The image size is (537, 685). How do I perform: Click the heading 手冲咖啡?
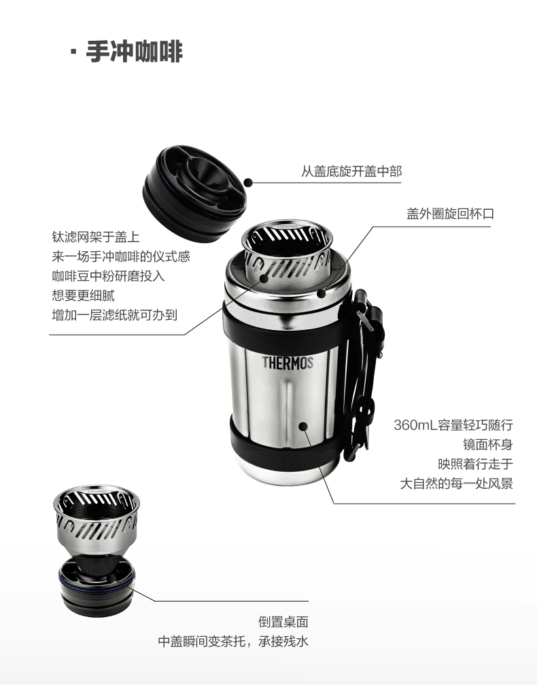pyautogui.click(x=134, y=52)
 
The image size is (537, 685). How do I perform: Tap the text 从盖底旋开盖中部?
pyautogui.click(x=351, y=171)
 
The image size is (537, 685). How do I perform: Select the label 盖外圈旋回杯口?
pyautogui.click(x=450, y=214)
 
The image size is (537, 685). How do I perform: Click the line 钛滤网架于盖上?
pyautogui.click(x=95, y=237)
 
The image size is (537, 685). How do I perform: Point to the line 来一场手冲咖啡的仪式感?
pyautogui.click(x=121, y=257)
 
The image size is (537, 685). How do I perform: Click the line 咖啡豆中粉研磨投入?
pyautogui.click(x=108, y=276)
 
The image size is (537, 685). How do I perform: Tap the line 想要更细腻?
pyautogui.click(x=83, y=296)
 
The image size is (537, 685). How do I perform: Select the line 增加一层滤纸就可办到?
pyautogui.click(x=115, y=315)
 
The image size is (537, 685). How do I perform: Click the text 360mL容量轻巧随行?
pyautogui.click(x=453, y=425)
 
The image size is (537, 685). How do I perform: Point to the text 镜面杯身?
pyautogui.click(x=488, y=445)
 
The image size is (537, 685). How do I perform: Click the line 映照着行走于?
pyautogui.click(x=476, y=464)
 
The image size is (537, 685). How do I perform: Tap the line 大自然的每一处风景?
pyautogui.click(x=457, y=483)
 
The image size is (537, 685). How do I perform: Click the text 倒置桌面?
pyautogui.click(x=283, y=622)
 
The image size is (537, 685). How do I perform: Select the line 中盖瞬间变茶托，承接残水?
pyautogui.click(x=233, y=642)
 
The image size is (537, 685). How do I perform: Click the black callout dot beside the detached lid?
pyautogui.click(x=248, y=183)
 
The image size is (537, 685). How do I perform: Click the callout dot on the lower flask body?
pyautogui.click(x=303, y=426)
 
